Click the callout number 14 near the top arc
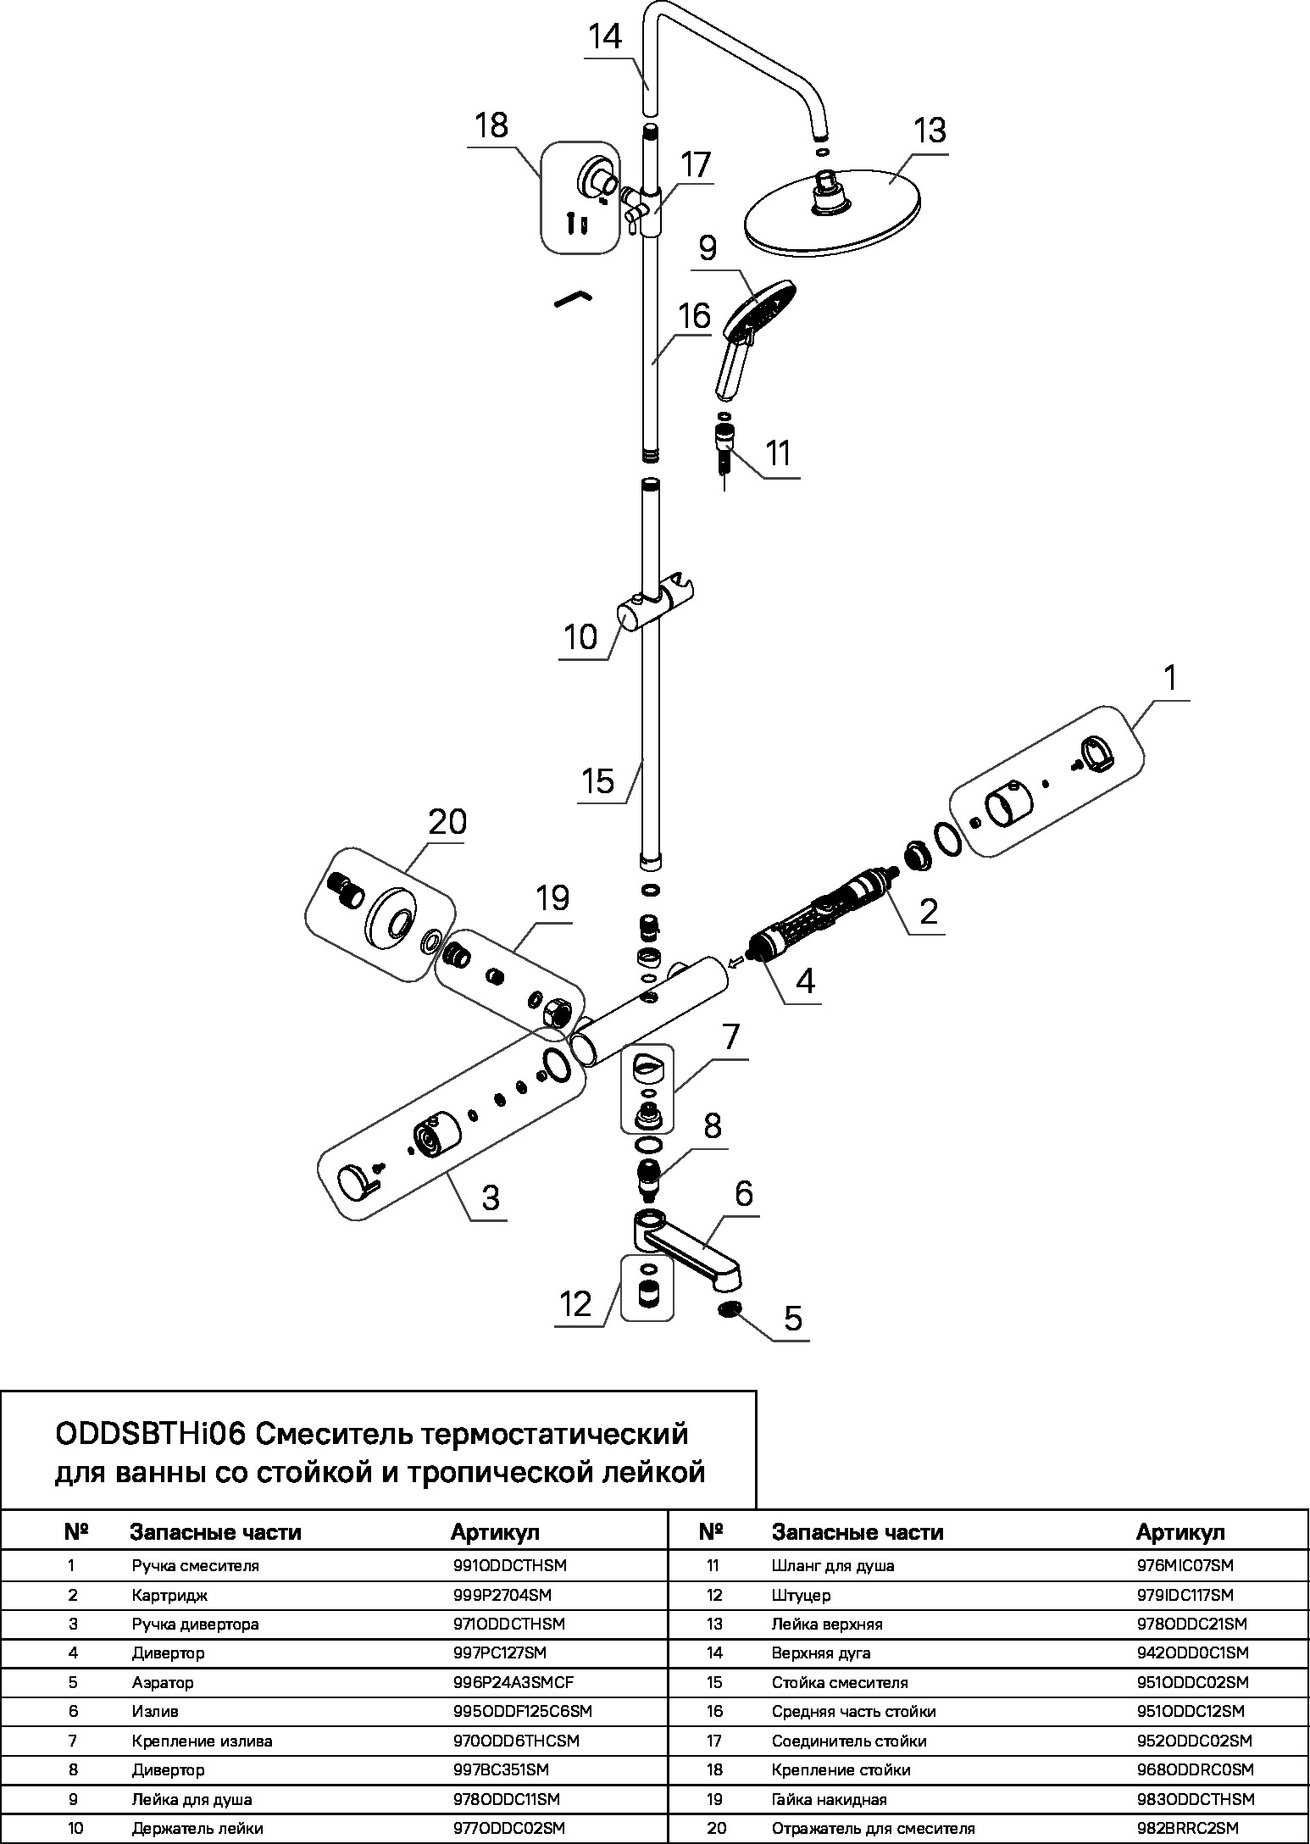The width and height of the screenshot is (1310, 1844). [605, 37]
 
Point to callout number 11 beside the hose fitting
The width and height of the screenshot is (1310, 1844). [778, 453]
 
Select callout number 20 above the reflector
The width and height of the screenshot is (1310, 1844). [447, 823]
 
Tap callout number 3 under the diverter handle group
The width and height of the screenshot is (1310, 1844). [490, 1197]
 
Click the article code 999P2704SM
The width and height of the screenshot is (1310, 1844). [502, 1595]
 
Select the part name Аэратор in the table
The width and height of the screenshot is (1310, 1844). [163, 1682]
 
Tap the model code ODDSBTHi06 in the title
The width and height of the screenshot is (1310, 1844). [150, 1435]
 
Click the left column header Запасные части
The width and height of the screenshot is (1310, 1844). [215, 1532]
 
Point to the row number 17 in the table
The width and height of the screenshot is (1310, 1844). [714, 1741]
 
